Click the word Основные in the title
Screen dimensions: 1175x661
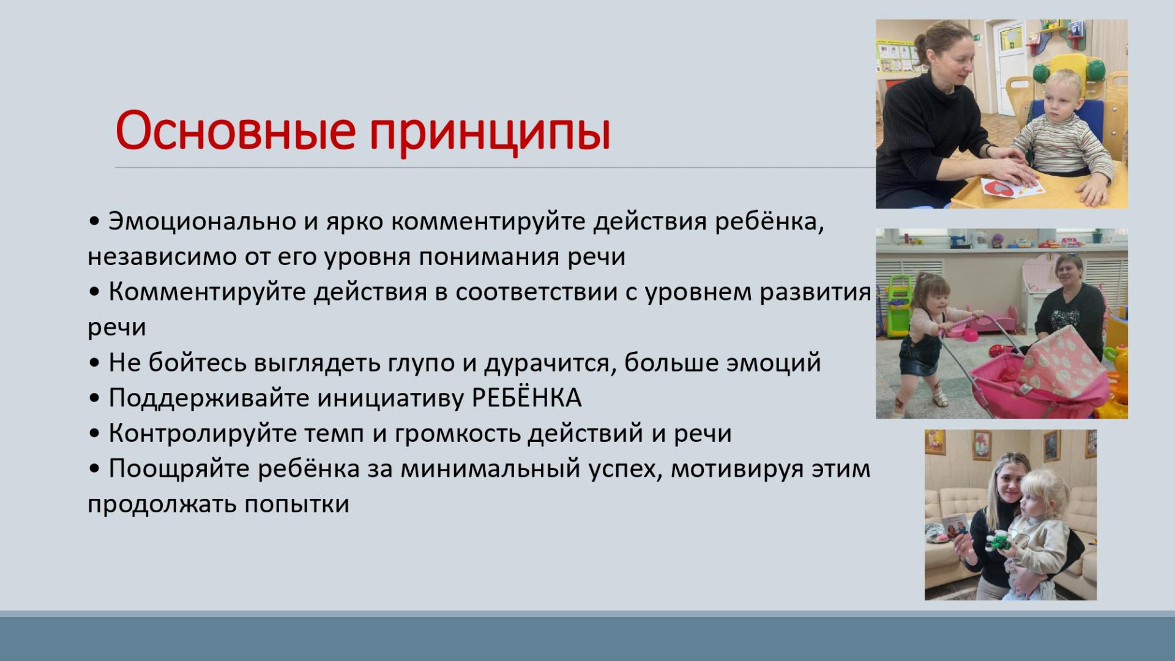pos(236,130)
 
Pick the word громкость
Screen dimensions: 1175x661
pos(458,434)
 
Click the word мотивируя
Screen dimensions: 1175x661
pos(737,469)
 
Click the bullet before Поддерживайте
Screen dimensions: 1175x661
pos(94,398)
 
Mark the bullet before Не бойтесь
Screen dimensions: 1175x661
pos(94,364)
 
